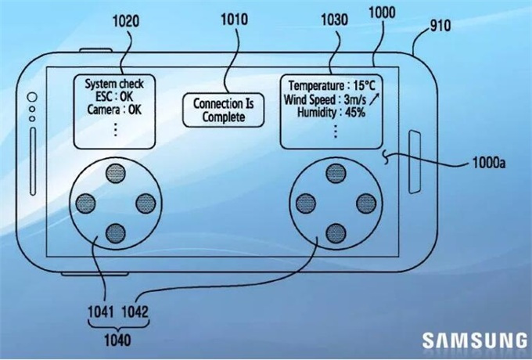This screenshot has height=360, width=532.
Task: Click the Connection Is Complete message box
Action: [219, 110]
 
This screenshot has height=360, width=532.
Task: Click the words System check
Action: [115, 84]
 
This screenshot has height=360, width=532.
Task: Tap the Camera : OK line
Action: [114, 110]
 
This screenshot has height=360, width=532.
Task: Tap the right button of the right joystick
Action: [364, 203]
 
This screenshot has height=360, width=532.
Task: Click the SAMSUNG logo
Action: [475, 340]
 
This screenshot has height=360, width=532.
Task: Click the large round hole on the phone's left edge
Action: [32, 98]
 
